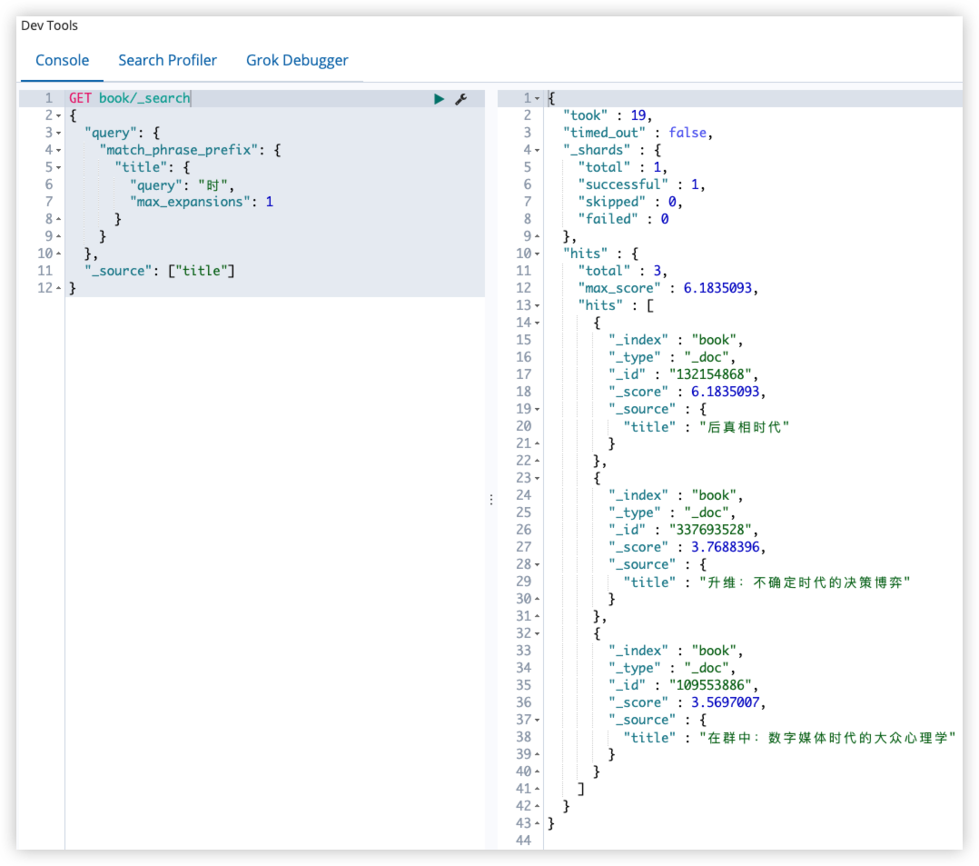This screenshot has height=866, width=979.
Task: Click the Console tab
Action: (x=62, y=60)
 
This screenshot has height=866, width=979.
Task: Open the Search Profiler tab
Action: (x=167, y=60)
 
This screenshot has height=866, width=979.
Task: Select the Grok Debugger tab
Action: (x=297, y=61)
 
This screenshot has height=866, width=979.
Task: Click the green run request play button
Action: (x=439, y=99)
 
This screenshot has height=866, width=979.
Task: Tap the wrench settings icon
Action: (x=461, y=99)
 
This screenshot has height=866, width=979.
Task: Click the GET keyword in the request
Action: (x=80, y=98)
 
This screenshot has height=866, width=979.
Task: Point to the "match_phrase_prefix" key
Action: (x=179, y=150)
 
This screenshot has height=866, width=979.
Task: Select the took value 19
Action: (x=638, y=115)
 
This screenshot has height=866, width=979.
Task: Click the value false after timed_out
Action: (x=687, y=133)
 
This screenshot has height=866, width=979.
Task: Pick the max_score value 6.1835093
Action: (x=717, y=288)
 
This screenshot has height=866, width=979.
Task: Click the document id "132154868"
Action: (x=710, y=374)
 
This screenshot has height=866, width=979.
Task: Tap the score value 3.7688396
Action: (x=725, y=547)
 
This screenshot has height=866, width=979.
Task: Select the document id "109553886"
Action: (x=710, y=685)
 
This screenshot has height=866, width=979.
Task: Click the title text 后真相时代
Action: (x=745, y=427)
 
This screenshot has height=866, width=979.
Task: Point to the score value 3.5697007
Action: (x=725, y=702)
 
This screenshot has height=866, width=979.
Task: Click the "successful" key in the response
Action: (x=623, y=184)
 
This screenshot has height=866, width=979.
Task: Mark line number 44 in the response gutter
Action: (x=524, y=841)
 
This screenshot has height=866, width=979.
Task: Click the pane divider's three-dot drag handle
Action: (x=491, y=500)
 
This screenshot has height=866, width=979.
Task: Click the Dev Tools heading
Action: (x=49, y=25)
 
